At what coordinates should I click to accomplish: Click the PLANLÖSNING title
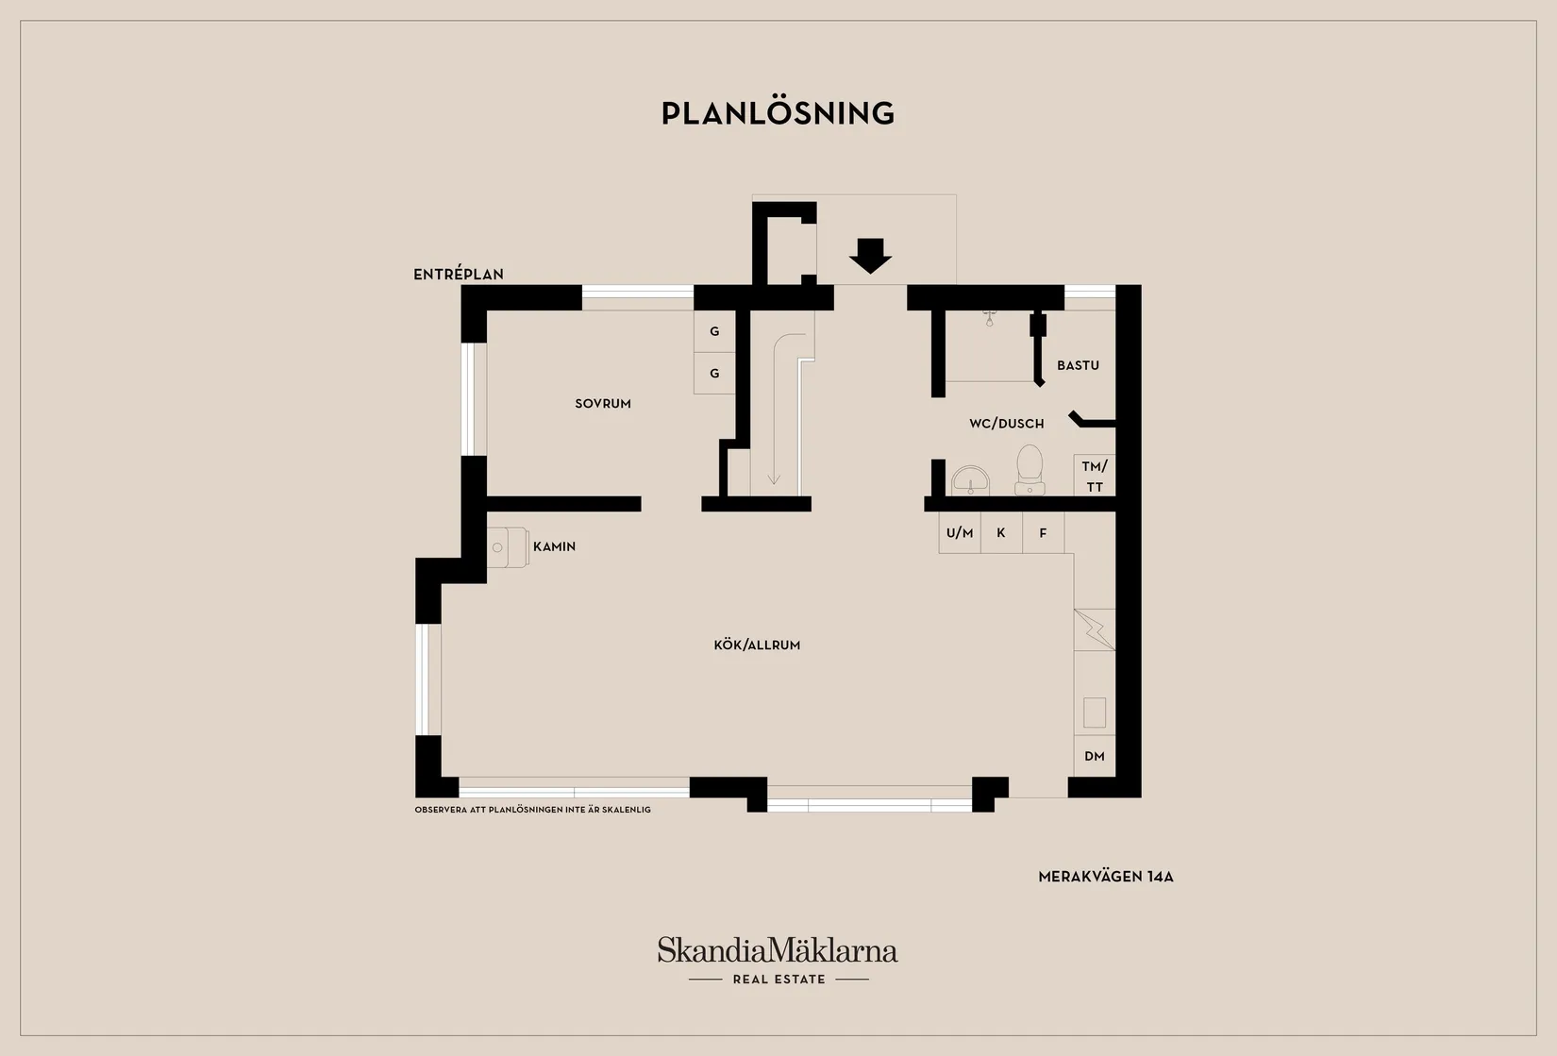pos(778,113)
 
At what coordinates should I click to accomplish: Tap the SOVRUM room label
pos(603,404)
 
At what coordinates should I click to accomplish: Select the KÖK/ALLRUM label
pos(757,645)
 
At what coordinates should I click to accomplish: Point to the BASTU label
pos(1078,365)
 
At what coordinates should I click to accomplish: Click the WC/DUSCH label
pos(1007,424)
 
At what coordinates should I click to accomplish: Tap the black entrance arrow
pos(870,256)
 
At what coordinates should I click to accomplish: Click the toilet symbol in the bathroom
pos(1030,470)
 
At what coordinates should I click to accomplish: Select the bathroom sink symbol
pos(970,480)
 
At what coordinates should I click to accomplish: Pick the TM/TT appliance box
pos(1095,476)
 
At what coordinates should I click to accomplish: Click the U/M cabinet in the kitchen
pos(960,533)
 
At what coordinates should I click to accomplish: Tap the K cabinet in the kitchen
pos(1001,533)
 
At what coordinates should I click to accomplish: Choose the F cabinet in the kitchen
pos(1043,533)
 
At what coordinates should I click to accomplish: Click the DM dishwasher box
pos(1095,756)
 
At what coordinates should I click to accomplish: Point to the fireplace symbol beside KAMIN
pos(508,547)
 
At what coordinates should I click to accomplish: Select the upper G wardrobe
pos(714,331)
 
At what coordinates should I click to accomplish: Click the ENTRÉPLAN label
pos(459,275)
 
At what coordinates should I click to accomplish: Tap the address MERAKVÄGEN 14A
pos(1106,878)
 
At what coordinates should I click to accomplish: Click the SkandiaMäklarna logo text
pos(778,949)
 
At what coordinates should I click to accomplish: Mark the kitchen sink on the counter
pos(1095,713)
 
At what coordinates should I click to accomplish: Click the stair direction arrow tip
pos(774,484)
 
